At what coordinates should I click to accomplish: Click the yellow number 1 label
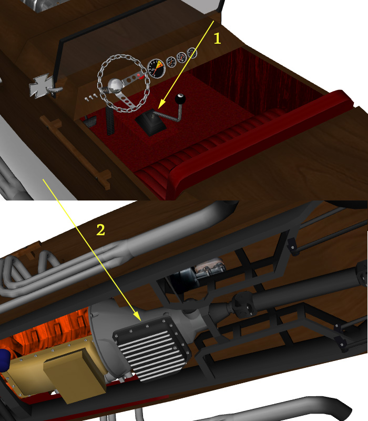(x=217, y=38)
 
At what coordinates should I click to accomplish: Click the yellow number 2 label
(x=100, y=230)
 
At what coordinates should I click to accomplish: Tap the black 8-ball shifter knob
(x=180, y=99)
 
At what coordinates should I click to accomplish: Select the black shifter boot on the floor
(x=150, y=123)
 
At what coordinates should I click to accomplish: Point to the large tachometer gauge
(x=156, y=68)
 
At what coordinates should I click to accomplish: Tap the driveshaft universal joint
(x=243, y=305)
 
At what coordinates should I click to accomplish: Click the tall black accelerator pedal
(x=110, y=121)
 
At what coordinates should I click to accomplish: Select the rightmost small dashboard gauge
(x=192, y=53)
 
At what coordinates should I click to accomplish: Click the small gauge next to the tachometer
(x=171, y=62)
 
